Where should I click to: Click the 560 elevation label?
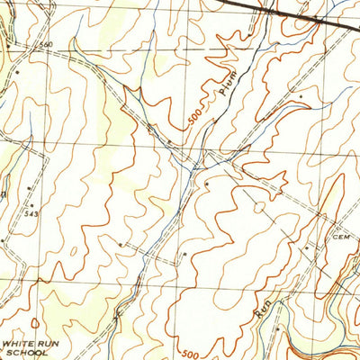pyautogui.click(x=47, y=44)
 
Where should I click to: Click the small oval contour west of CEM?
pyautogui.click(x=260, y=207)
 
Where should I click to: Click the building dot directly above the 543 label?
pyautogui.click(x=30, y=187)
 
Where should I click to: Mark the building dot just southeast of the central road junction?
pyautogui.click(x=207, y=182)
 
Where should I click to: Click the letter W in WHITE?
pyautogui.click(x=6, y=343)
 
